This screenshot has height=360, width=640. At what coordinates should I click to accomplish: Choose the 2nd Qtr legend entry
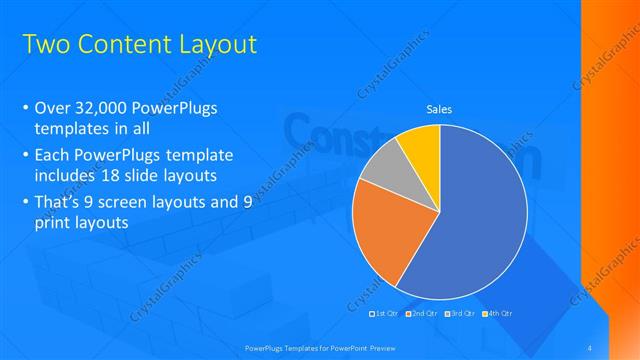(423, 314)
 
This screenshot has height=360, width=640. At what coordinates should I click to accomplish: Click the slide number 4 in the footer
(590, 347)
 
